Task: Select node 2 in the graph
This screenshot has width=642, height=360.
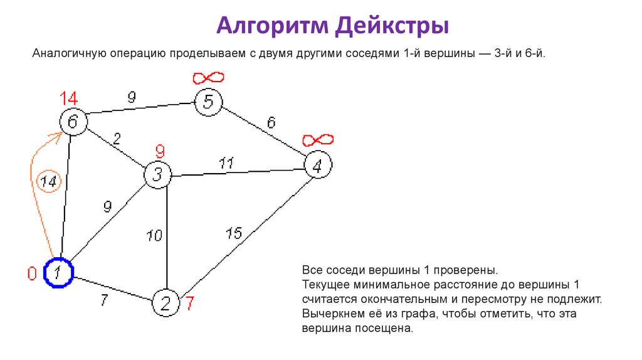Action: tap(166, 304)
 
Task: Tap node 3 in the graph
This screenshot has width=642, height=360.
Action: tap(158, 175)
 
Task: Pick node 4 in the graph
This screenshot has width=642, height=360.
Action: tap(318, 166)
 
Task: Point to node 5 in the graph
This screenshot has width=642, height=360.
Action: tap(208, 102)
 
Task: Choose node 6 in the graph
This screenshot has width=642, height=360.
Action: tap(73, 122)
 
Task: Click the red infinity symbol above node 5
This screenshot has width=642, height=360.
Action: tap(208, 78)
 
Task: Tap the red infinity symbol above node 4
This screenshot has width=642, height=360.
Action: tap(318, 140)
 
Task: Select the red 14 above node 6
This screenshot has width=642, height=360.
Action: tap(69, 98)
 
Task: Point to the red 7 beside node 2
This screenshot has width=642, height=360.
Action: tap(189, 304)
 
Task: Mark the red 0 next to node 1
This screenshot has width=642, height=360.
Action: tap(31, 273)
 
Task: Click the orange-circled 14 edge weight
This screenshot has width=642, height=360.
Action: tap(48, 182)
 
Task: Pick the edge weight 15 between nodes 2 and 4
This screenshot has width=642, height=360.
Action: tap(233, 234)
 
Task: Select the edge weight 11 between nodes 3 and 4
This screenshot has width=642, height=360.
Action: tap(226, 164)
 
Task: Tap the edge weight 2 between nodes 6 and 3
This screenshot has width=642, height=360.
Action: tap(118, 139)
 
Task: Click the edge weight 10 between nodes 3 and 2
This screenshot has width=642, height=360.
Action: tap(154, 236)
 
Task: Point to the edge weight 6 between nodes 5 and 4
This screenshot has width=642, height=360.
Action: tap(271, 123)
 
